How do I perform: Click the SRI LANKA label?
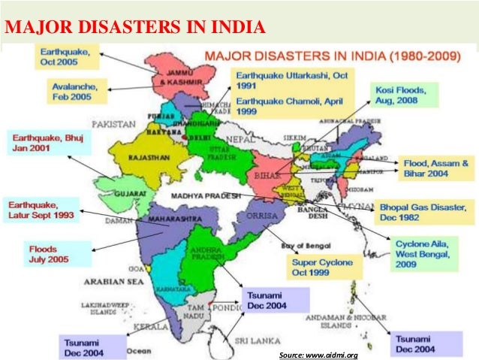[x=249, y=340]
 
